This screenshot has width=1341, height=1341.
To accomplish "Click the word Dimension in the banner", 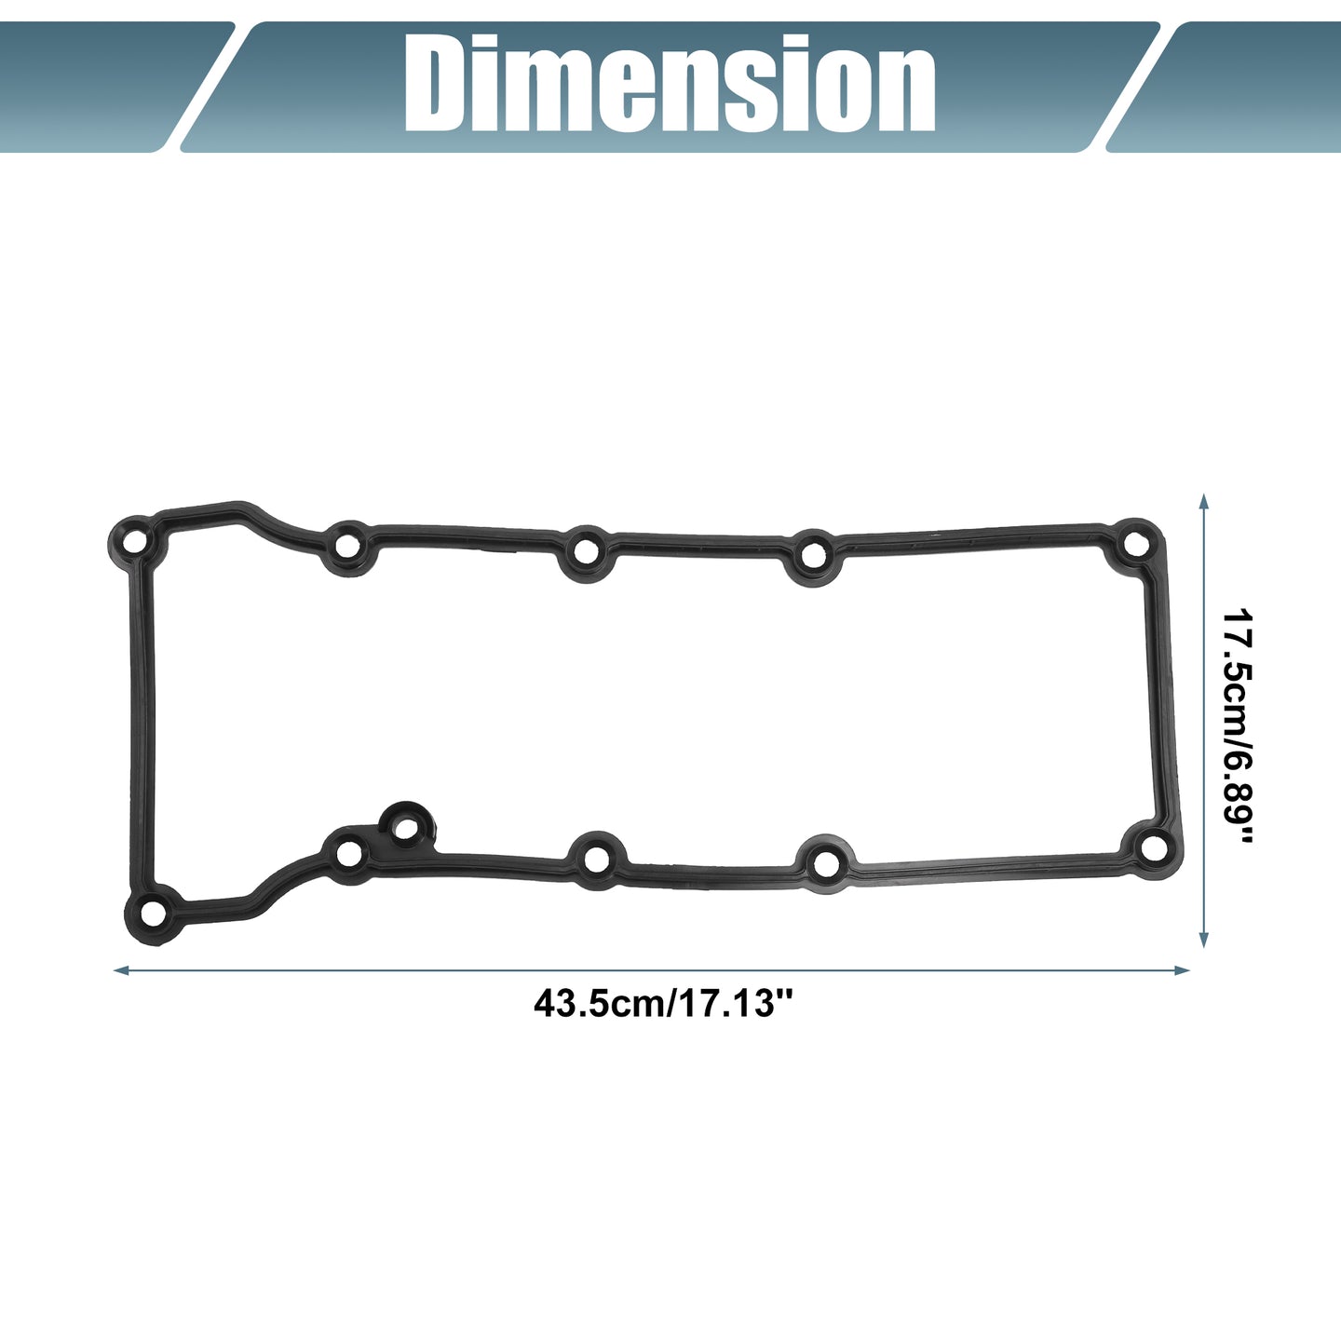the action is tap(670, 84).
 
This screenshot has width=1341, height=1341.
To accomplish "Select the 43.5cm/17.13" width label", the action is tap(663, 1004).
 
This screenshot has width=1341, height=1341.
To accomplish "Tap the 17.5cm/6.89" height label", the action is tap(1238, 725).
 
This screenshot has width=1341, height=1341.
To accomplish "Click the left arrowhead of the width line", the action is tap(121, 970).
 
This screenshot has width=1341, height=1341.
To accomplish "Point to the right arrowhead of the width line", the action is tap(1182, 970).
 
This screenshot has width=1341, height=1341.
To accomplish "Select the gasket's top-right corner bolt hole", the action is tap(1136, 543).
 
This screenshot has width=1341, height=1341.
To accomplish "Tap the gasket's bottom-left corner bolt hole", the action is tap(154, 913).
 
